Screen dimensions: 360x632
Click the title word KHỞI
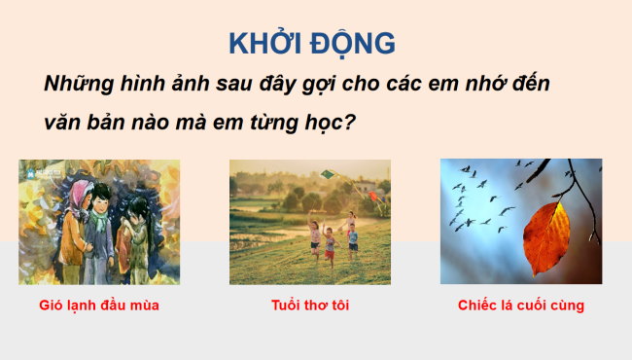(264, 44)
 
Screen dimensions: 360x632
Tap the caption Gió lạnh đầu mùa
(100, 306)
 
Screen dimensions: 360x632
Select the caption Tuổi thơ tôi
(310, 306)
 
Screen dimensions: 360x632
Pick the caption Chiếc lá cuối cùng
(521, 306)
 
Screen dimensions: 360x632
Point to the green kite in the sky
(328, 175)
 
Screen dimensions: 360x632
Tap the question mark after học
(372, 126)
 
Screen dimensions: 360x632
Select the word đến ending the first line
(527, 84)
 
